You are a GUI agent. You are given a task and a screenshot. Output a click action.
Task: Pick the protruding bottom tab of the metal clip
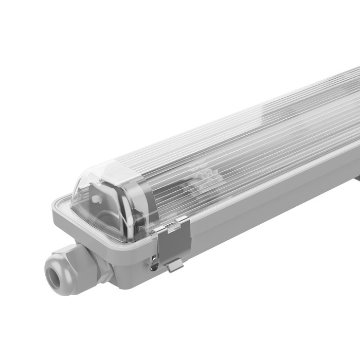point(175,265)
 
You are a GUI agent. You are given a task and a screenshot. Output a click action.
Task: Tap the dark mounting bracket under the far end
point(355,177)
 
